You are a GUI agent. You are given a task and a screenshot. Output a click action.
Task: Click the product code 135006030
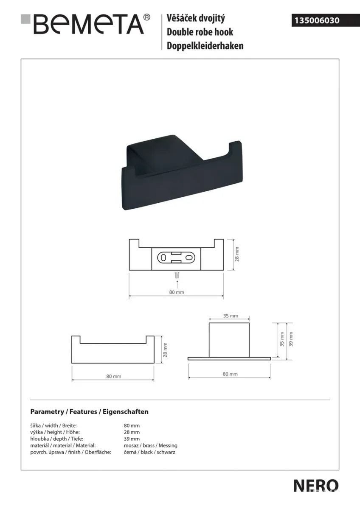pos(317,20)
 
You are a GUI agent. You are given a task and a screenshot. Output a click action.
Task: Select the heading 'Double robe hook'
pos(200,32)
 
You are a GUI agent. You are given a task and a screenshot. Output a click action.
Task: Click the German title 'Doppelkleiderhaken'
pos(205,46)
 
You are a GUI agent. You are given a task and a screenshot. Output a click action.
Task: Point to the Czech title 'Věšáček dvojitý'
pos(196,18)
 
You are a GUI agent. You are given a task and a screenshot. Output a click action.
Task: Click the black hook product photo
pos(182,172)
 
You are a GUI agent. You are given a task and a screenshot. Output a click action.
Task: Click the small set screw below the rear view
pos(177,275)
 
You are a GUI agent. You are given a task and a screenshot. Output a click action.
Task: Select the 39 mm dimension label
pos(291,339)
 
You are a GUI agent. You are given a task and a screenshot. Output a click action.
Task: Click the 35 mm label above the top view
pos(231,316)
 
